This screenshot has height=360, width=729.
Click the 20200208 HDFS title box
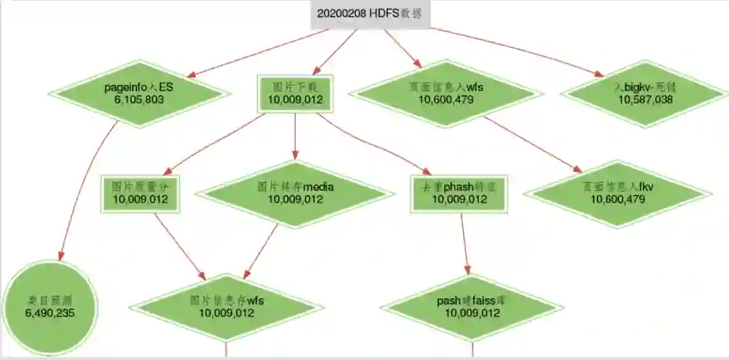pos(370,14)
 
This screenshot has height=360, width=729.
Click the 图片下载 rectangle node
pos(295,94)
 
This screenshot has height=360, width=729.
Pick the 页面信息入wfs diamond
pos(446,93)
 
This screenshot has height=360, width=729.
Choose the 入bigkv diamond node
pos(645,93)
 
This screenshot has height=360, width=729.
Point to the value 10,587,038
pos(645,99)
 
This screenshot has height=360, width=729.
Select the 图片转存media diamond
pos(295,193)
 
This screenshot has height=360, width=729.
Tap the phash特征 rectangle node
pos(459,193)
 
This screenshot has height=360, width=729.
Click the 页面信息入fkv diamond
pos(617,193)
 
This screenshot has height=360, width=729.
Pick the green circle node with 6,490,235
pos(50,307)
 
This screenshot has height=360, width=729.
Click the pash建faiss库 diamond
pos(472,307)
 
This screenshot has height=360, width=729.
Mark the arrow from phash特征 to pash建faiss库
pos(465,247)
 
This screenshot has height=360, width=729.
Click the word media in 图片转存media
pos(318,187)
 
